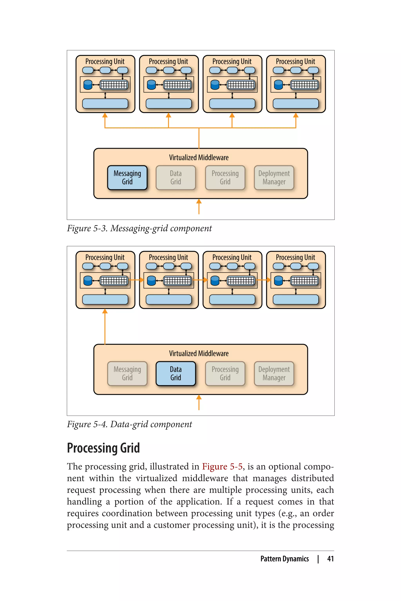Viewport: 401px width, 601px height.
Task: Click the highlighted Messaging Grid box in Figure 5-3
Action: point(127,178)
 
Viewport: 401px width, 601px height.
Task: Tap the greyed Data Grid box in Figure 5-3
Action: point(176,178)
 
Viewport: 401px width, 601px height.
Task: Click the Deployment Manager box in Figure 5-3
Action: point(274,178)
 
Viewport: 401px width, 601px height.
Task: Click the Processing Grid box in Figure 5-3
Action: point(225,178)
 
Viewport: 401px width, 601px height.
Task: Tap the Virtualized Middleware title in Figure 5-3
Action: point(199,158)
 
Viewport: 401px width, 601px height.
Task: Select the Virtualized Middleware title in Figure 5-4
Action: point(199,354)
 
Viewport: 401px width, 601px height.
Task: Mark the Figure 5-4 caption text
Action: point(129,424)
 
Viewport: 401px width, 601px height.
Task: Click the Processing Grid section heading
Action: point(103,448)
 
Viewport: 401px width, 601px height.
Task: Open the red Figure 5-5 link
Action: point(222,467)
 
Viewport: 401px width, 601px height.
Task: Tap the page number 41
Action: point(331,559)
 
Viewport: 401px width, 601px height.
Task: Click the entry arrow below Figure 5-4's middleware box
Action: point(199,402)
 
